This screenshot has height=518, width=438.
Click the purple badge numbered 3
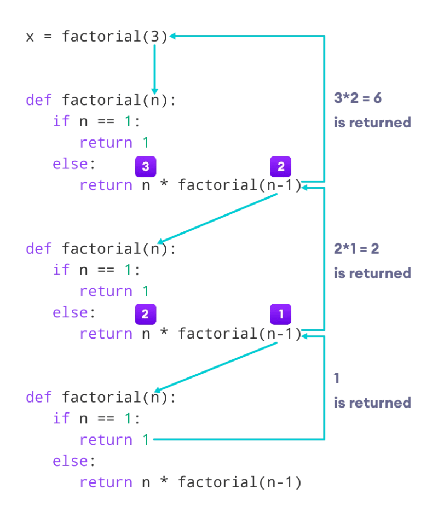coord(146,166)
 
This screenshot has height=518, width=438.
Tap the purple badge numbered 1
coord(281,314)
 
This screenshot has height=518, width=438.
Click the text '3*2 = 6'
coord(358,98)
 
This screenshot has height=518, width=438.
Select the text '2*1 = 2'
coord(356,248)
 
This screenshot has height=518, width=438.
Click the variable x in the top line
coord(30,37)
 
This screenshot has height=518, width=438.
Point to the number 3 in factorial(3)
coord(155,36)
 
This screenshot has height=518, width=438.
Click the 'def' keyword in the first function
coord(39,100)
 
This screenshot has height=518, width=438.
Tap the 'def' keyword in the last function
coord(39,397)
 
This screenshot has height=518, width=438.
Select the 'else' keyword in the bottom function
coord(70,461)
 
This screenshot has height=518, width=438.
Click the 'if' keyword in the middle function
coord(61,270)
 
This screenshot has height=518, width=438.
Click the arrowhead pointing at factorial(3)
coord(172,36)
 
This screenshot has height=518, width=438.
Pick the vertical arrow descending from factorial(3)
coord(155,69)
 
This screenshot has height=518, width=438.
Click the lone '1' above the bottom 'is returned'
coord(337,378)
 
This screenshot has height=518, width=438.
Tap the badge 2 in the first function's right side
coord(281,166)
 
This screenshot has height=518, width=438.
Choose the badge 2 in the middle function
coord(146,314)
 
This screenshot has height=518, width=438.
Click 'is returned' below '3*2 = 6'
coord(372,123)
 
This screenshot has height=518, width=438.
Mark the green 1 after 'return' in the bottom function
coord(146,440)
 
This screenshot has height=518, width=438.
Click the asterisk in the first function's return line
coord(164,184)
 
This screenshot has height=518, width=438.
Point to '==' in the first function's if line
coord(106,121)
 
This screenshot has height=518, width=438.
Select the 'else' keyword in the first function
coord(70,164)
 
